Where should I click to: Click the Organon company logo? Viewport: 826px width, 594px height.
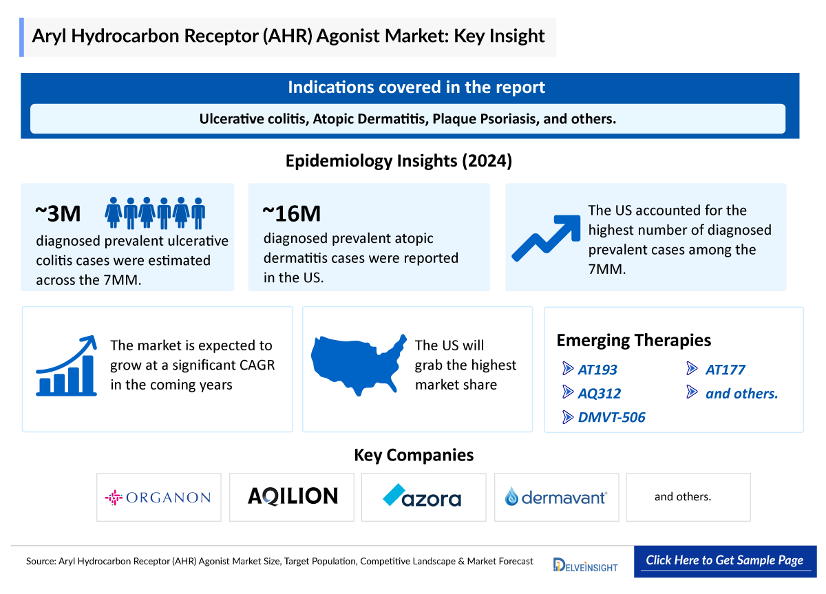coord(158,497)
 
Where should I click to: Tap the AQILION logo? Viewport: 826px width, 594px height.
coord(293,496)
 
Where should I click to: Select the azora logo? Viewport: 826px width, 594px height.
coord(423,496)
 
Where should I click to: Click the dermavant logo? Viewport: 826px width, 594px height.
coord(556,496)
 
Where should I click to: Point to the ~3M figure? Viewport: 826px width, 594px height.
coord(58,214)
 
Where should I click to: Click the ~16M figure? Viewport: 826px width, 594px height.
coord(291,214)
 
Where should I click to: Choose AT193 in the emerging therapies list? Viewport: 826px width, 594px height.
coord(597,370)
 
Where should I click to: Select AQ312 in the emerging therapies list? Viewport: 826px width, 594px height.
coord(599,394)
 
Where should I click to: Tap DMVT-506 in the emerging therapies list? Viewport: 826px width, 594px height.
coord(611,417)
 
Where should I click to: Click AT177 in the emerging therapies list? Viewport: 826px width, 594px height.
coord(725,370)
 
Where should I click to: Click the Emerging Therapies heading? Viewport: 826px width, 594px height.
coord(633,340)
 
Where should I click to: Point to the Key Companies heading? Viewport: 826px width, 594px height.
coord(414,455)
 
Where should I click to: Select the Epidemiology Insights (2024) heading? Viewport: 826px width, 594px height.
coord(399,161)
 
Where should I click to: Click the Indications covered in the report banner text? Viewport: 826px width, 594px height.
coord(416,87)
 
